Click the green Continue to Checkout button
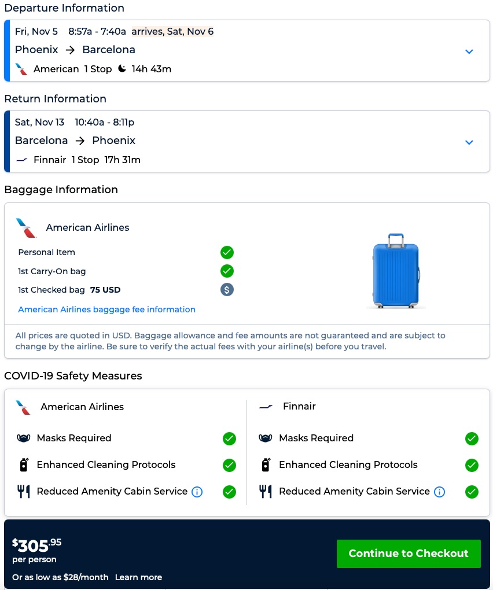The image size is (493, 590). click(x=409, y=554)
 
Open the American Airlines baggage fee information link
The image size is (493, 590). click(x=106, y=309)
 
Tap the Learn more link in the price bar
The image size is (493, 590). click(x=138, y=577)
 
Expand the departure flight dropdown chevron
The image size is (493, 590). click(x=469, y=51)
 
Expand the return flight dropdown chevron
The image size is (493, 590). click(x=469, y=142)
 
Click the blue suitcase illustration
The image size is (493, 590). click(x=396, y=271)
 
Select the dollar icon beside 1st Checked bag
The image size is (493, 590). click(x=227, y=290)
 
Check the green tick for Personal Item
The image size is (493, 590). click(x=227, y=252)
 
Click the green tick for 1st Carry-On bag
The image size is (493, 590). click(x=227, y=271)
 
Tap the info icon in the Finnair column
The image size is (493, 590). click(x=439, y=492)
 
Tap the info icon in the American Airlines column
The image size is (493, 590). click(x=197, y=492)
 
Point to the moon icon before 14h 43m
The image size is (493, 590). click(x=122, y=69)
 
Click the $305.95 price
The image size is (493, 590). click(x=36, y=545)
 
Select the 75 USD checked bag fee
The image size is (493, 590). click(x=105, y=290)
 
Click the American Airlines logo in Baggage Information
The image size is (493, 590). click(x=26, y=228)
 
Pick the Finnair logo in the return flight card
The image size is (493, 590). click(x=22, y=160)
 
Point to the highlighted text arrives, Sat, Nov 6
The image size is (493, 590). click(x=172, y=31)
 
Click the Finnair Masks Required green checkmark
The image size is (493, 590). click(x=472, y=438)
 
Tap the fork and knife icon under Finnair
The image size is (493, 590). click(x=265, y=492)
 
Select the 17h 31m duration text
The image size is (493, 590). click(x=122, y=160)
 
